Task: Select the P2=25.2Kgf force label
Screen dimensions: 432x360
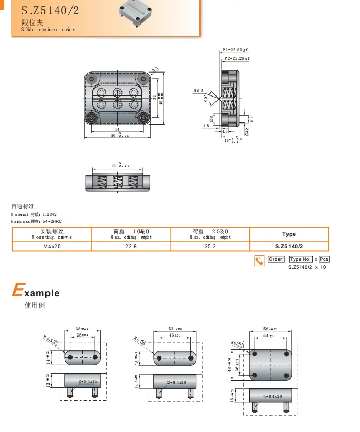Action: pyautogui.click(x=237, y=59)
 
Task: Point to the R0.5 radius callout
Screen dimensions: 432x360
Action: pyautogui.click(x=198, y=91)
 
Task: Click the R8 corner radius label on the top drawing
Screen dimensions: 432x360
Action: pyautogui.click(x=155, y=68)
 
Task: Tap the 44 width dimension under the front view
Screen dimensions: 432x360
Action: pyautogui.click(x=117, y=130)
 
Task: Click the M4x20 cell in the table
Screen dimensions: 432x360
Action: pyautogui.click(x=52, y=246)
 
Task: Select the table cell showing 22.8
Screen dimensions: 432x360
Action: pyautogui.click(x=131, y=246)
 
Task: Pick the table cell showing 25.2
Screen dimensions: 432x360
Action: pyautogui.click(x=210, y=246)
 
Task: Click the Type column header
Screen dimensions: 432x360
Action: pyautogui.click(x=289, y=234)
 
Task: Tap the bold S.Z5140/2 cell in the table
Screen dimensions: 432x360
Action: pyautogui.click(x=289, y=246)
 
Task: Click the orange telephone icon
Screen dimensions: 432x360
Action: pyautogui.click(x=259, y=260)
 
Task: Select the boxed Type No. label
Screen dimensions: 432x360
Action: pyautogui.click(x=300, y=259)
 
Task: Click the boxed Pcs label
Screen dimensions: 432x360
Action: pyautogui.click(x=324, y=259)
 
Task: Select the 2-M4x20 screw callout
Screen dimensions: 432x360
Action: pyautogui.click(x=177, y=382)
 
